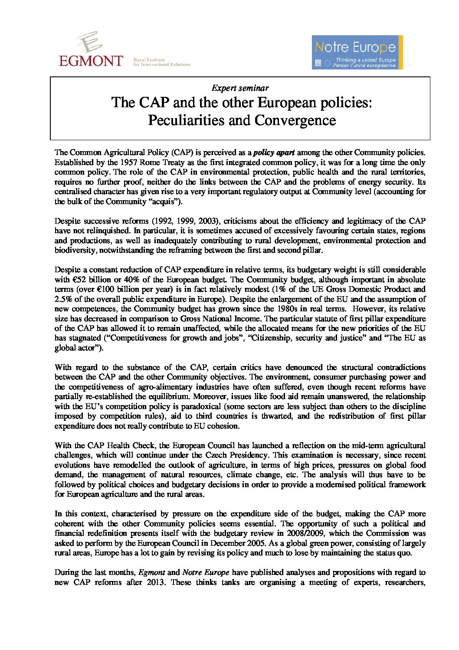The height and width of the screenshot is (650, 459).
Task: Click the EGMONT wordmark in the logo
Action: point(91,60)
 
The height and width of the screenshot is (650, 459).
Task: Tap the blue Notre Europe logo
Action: point(357,52)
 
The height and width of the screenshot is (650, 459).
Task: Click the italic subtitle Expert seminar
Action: point(240,88)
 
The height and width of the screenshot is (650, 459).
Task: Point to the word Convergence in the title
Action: point(295,120)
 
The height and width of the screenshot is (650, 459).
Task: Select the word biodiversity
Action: point(75,250)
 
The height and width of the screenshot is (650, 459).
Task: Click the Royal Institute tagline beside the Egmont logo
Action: point(161,62)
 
